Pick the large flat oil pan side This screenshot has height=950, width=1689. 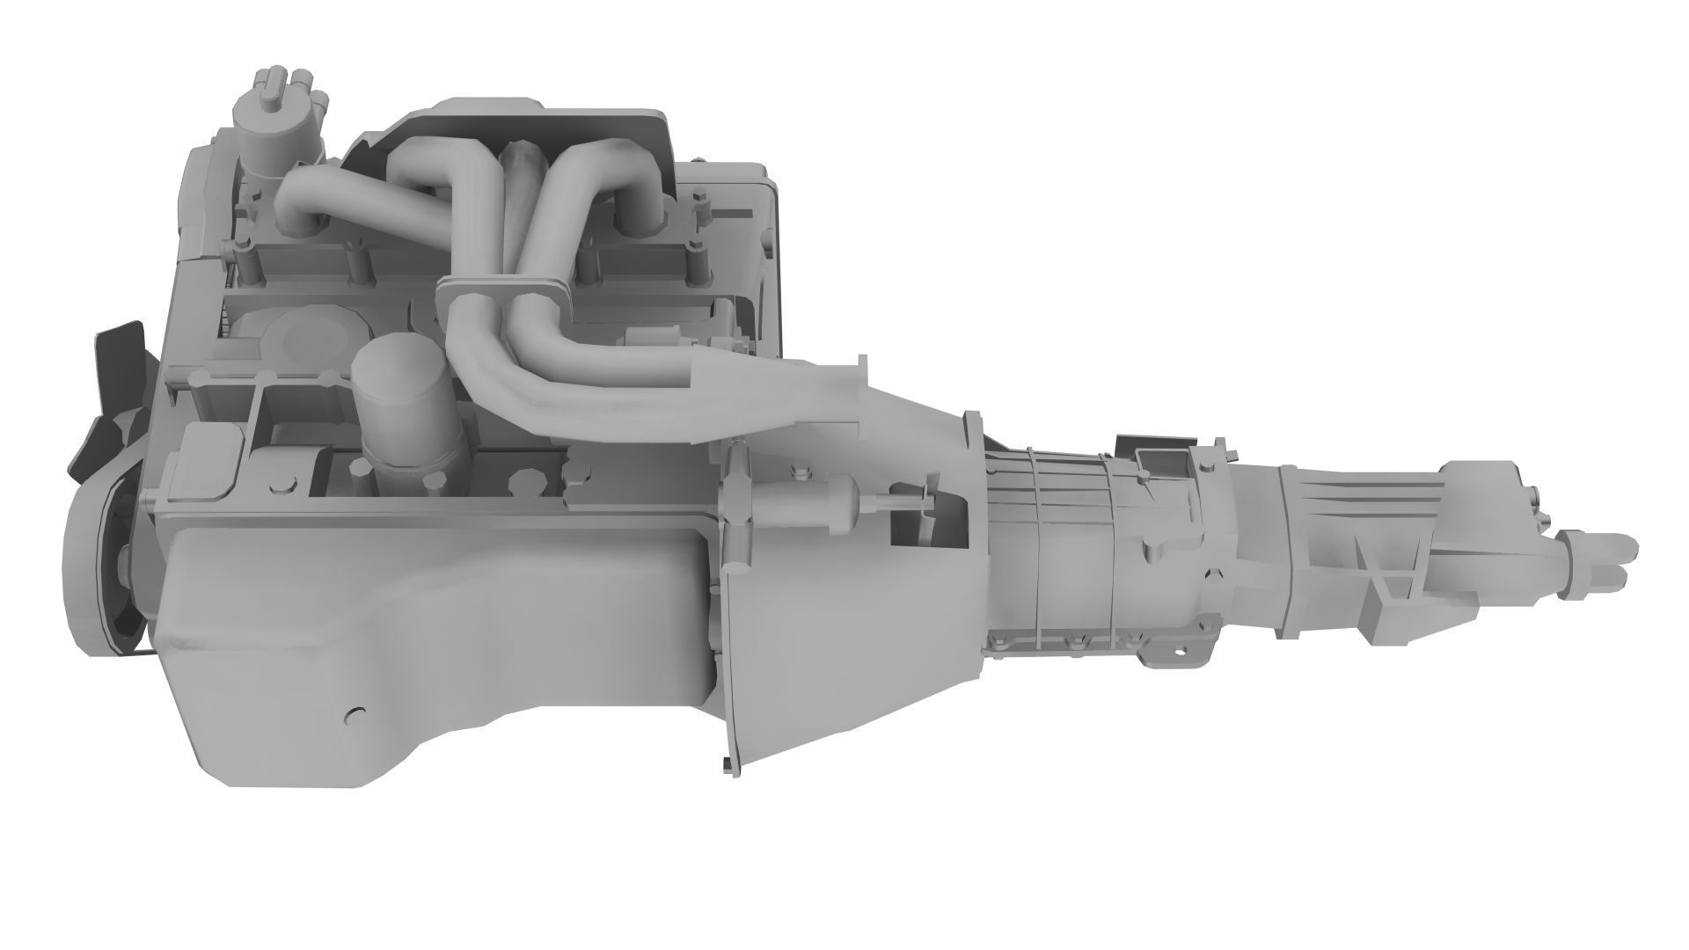(x=440, y=607)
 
